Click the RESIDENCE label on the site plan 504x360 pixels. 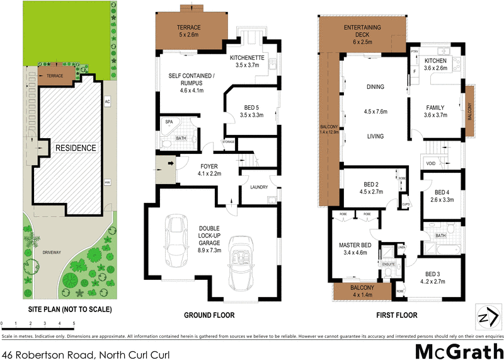coord(75,148)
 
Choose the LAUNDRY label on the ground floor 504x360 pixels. coord(259,187)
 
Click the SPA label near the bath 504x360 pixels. coord(169,122)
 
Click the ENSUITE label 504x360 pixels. coord(389,263)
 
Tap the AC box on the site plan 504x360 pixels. coord(107,102)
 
